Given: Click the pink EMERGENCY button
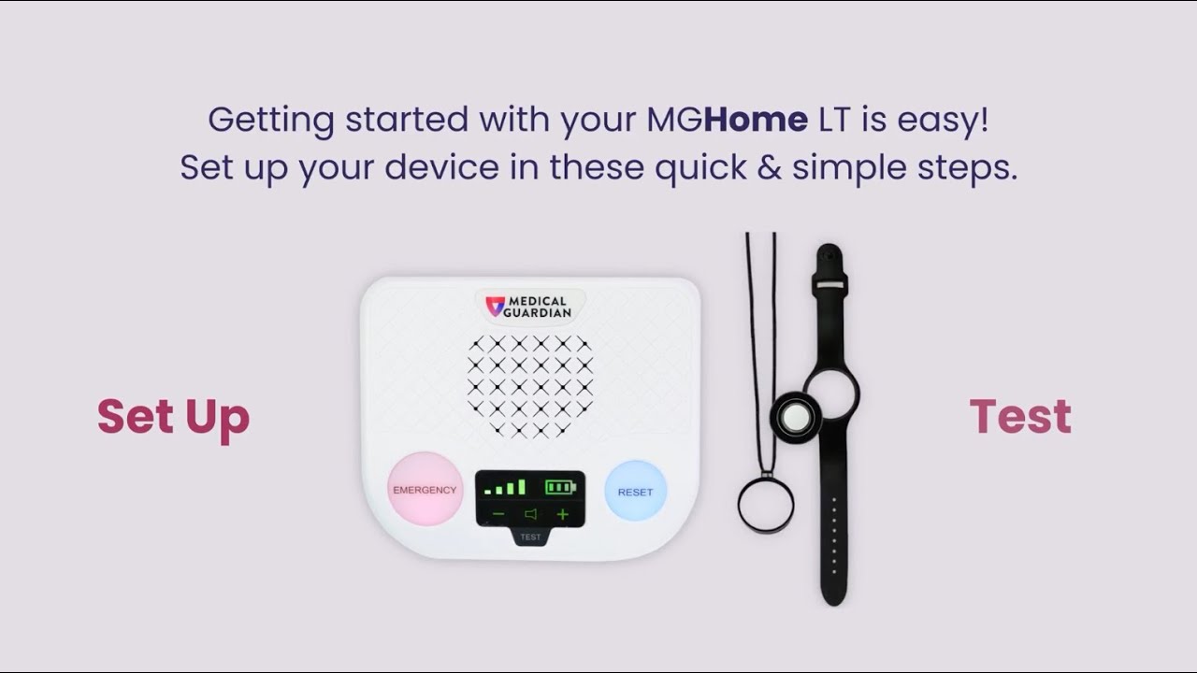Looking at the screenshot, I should click(425, 489).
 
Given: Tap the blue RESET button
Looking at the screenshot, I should click(635, 491).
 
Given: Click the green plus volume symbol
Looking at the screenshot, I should click(562, 514).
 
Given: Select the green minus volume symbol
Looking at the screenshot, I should click(498, 514).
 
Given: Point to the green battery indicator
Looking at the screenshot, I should click(561, 487).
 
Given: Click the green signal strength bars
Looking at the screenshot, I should click(505, 487).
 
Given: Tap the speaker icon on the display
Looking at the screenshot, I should click(530, 514).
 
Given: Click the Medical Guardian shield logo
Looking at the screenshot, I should click(495, 306).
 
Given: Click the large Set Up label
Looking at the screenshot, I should click(173, 417).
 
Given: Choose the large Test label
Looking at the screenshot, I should click(1020, 417).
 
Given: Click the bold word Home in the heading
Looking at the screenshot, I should click(757, 120).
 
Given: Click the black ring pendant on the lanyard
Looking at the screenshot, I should click(766, 506).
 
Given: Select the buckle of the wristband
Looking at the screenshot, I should click(829, 283).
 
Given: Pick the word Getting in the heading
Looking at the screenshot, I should click(271, 121).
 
